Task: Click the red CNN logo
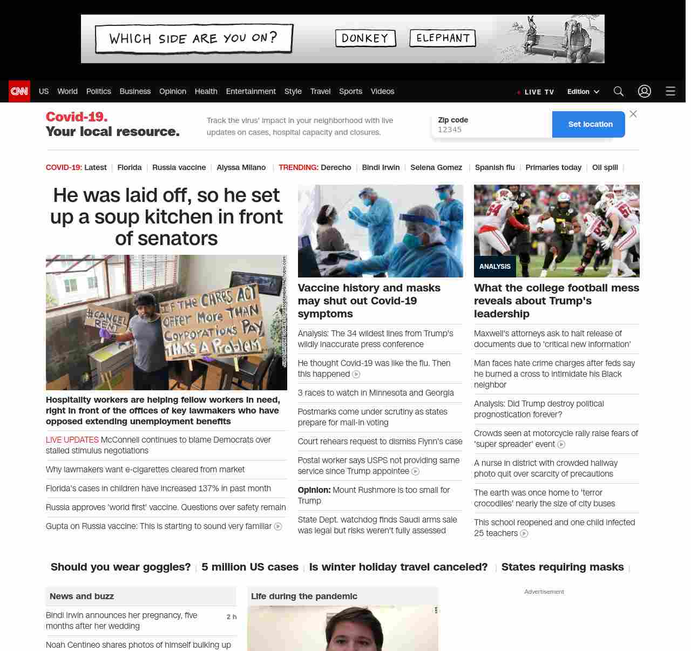19,91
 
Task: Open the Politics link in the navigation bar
98,91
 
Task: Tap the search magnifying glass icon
618,91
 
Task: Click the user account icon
644,91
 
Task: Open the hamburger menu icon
670,91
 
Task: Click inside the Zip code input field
491,130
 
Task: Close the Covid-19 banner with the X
633,114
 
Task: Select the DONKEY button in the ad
365,38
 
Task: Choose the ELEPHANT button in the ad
443,38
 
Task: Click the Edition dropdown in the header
583,92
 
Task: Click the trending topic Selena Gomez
436,167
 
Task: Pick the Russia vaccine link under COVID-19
179,167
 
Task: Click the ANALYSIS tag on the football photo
494,266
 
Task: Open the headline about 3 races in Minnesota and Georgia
376,392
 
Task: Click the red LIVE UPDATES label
72,439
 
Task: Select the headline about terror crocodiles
544,498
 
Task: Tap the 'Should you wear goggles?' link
120,567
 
